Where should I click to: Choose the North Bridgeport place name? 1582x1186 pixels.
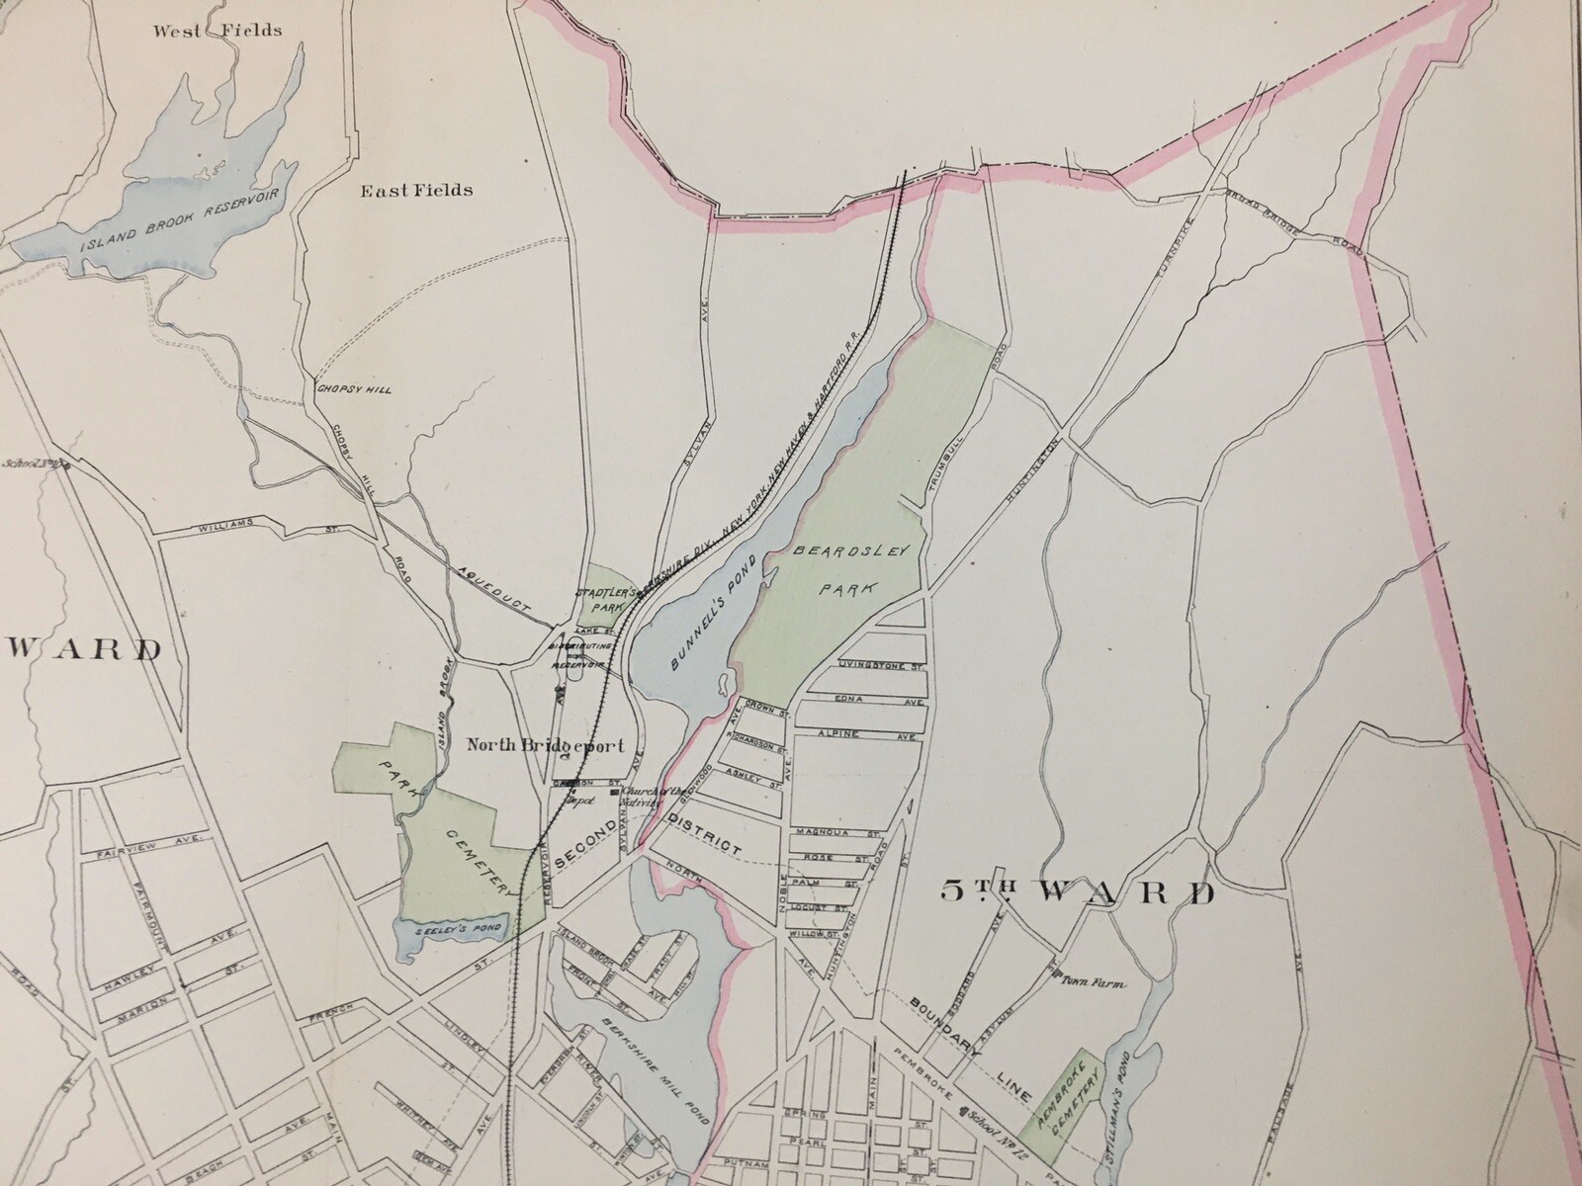click(x=544, y=747)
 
